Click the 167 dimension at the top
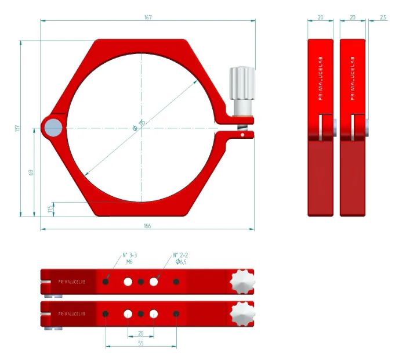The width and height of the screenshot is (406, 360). coord(148,17)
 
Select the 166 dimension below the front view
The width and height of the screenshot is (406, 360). coord(147,225)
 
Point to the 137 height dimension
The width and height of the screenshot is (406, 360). coord(17,128)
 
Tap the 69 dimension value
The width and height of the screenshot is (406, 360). coord(31,172)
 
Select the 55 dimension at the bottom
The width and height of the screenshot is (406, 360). coord(141,343)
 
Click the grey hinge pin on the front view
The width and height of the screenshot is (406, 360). coord(53,128)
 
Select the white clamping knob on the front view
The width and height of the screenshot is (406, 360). coord(240,85)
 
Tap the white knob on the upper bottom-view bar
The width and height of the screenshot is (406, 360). coord(242,282)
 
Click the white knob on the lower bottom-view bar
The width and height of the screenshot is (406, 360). coord(242,314)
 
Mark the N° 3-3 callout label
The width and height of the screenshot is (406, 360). coord(129,255)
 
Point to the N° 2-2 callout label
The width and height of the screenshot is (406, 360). coord(180,255)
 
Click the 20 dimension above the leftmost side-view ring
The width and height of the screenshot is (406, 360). coord(321,17)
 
